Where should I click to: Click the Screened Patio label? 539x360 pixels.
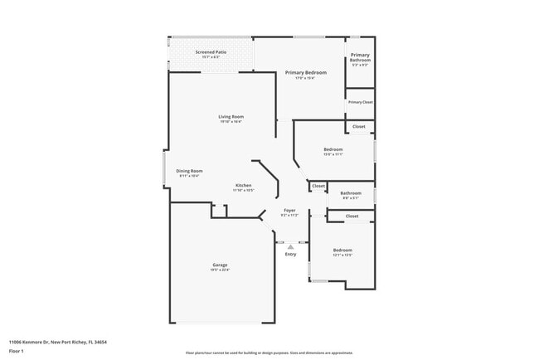click(x=211, y=52)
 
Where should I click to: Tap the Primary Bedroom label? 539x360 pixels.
click(x=306, y=73)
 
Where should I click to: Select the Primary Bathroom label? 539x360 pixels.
click(x=360, y=57)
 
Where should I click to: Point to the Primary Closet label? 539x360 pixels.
click(x=360, y=102)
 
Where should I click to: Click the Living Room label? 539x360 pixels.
click(x=231, y=117)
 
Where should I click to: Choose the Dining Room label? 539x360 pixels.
click(x=189, y=171)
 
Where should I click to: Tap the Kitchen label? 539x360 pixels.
click(x=244, y=185)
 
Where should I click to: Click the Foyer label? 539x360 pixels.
click(x=289, y=210)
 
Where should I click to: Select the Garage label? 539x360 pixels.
click(x=220, y=265)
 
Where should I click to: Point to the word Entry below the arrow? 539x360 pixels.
click(x=290, y=254)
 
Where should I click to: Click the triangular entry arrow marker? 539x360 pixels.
click(x=290, y=246)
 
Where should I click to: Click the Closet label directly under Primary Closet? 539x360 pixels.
click(x=359, y=126)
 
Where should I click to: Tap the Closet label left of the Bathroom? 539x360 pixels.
click(x=318, y=186)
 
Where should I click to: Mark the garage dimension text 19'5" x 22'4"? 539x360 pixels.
click(x=220, y=270)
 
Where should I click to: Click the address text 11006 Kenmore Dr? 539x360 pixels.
click(x=29, y=342)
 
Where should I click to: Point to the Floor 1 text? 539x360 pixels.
click(x=16, y=350)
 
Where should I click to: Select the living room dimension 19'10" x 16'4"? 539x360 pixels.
click(x=231, y=122)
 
